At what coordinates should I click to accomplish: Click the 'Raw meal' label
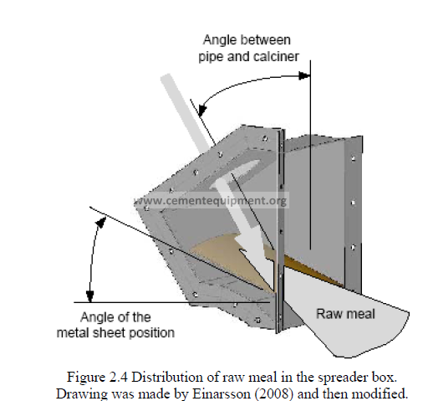pos(345,314)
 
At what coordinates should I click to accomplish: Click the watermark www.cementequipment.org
pos(210,201)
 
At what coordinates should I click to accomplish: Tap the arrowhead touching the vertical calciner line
pos(304,75)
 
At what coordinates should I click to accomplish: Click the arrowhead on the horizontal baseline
pos(89,296)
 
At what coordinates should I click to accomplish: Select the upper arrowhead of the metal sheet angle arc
pos(101,223)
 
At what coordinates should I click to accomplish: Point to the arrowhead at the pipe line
pos(202,110)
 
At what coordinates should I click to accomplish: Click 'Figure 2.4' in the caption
pos(97,378)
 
